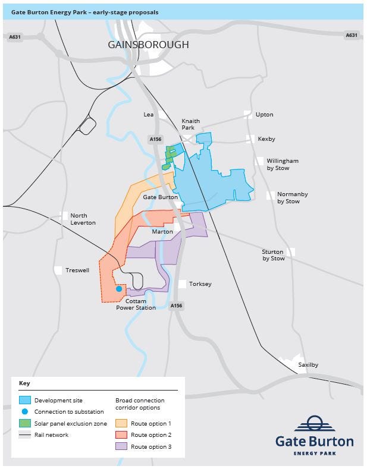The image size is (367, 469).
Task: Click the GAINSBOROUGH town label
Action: click(x=148, y=45)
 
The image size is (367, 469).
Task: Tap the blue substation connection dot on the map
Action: click(x=119, y=289)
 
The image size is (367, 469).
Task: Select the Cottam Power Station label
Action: click(x=136, y=304)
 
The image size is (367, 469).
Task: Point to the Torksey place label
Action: click(x=200, y=284)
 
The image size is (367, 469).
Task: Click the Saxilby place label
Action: click(x=308, y=364)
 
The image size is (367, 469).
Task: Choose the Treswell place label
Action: click(x=77, y=270)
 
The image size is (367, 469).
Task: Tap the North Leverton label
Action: click(x=79, y=219)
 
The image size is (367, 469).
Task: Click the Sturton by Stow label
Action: click(x=273, y=255)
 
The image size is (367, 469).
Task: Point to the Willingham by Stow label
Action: click(x=282, y=164)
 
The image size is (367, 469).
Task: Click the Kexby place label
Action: click(x=266, y=139)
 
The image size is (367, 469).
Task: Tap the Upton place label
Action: click(x=264, y=114)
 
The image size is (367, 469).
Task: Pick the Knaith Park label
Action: click(x=190, y=124)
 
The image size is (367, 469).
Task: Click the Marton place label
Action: click(x=162, y=232)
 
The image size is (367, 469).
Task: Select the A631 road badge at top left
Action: click(x=15, y=36)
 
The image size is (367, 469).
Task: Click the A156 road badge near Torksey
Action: click(x=176, y=306)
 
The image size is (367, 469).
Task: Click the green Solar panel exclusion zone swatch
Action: click(x=25, y=423)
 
